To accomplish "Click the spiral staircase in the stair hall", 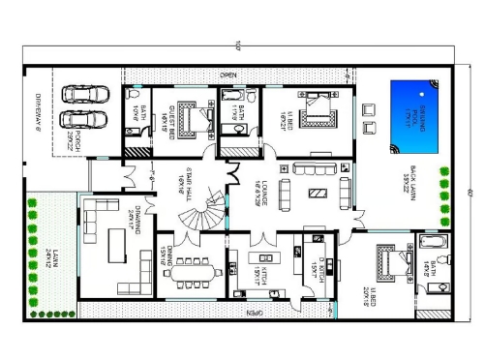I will pos(204,208).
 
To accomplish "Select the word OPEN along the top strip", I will pos(229,75).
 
